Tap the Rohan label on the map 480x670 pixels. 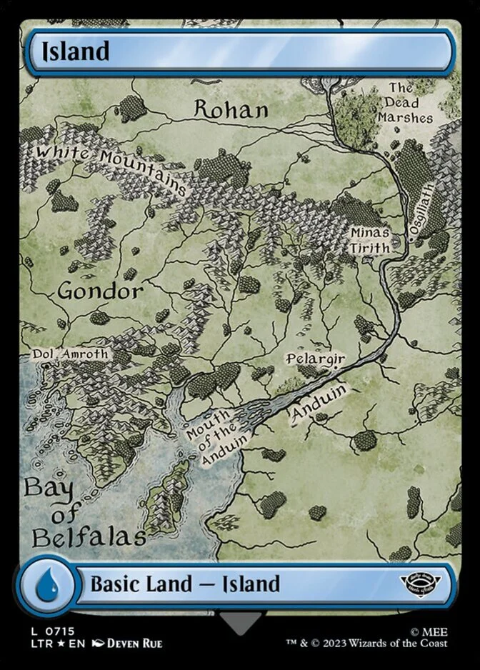coord(231,109)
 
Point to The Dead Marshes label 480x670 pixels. coord(405,103)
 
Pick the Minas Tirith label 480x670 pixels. coord(370,240)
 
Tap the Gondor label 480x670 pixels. coord(100,291)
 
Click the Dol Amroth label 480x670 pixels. coord(71,354)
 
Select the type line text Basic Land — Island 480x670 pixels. coord(185,584)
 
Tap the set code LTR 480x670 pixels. coord(39,644)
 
